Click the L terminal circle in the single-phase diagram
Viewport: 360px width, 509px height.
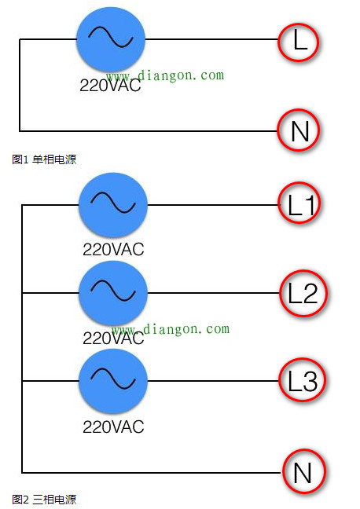(299, 42)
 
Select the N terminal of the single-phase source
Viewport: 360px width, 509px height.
(299, 130)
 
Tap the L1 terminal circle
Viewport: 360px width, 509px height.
(302, 206)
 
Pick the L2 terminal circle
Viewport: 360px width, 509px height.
(302, 294)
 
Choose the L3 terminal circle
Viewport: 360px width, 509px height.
(302, 382)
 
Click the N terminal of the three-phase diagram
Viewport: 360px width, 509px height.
(302, 473)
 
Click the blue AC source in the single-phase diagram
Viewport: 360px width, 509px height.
(111, 36)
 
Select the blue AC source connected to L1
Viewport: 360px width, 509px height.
(113, 206)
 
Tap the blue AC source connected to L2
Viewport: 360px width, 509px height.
(113, 294)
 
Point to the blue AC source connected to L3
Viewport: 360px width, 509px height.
(113, 382)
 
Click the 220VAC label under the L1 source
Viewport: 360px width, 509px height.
(113, 251)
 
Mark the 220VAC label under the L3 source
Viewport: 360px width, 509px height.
(113, 428)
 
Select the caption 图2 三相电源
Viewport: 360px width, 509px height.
(44, 499)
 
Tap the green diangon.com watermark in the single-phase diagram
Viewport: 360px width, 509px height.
(165, 75)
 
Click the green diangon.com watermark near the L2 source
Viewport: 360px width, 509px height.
(170, 329)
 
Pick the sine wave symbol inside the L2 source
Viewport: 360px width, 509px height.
(113, 292)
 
